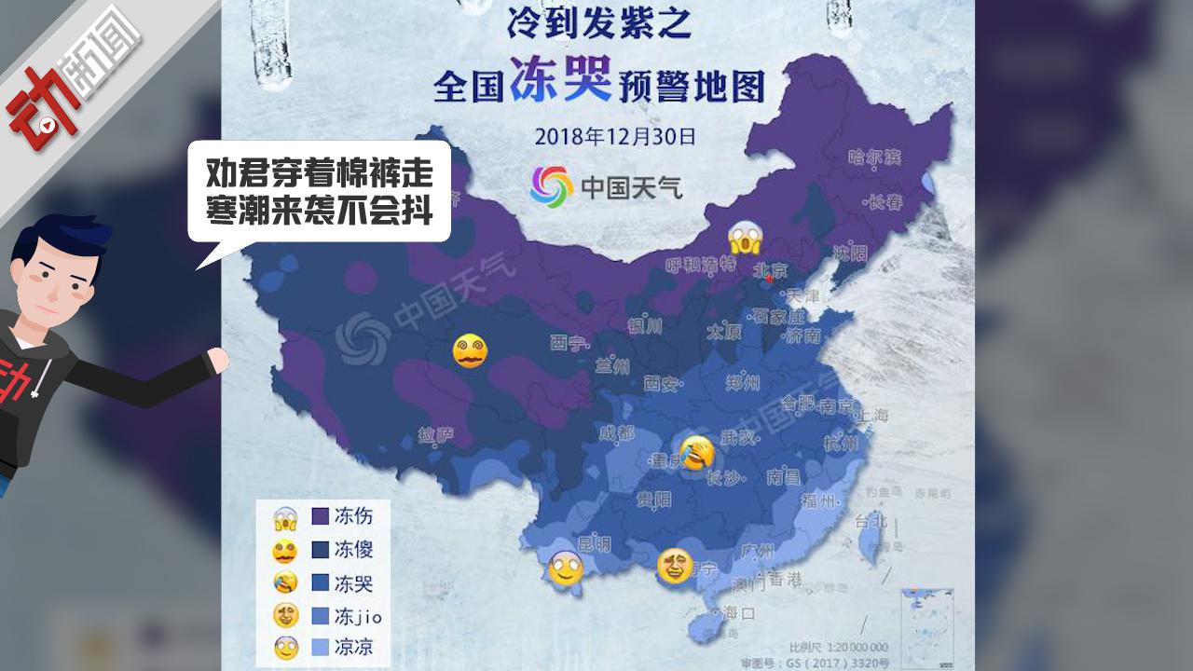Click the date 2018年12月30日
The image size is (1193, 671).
[x=615, y=137]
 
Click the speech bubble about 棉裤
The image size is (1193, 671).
[x=320, y=192]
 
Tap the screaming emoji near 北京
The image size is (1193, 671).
[x=746, y=240]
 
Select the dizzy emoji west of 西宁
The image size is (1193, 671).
[x=470, y=350]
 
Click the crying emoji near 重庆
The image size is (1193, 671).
[x=697, y=453]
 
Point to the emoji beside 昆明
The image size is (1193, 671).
[x=566, y=568]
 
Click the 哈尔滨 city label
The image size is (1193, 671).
[x=874, y=157]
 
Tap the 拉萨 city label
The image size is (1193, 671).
[x=436, y=435]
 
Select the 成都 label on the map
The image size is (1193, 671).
[x=616, y=433]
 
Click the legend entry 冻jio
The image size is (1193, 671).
[x=357, y=616]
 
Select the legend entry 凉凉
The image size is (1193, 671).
[x=353, y=647]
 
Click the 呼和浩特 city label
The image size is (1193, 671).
[x=700, y=264]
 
